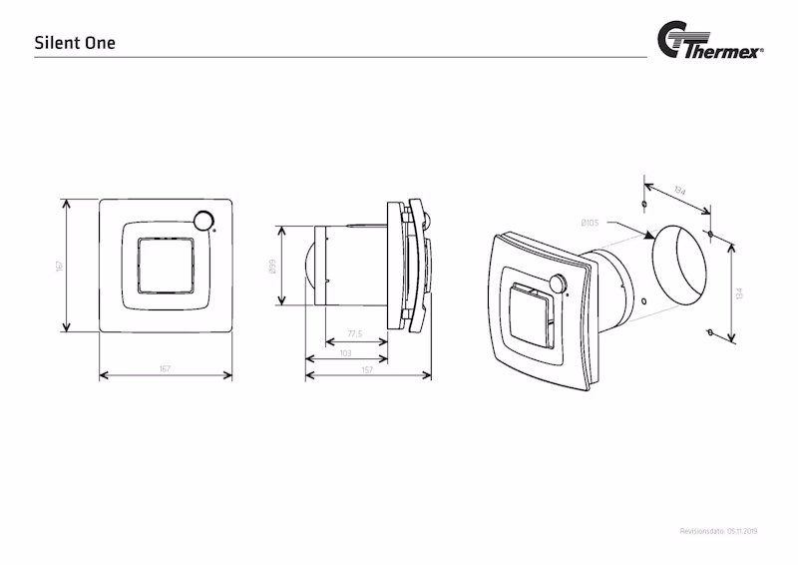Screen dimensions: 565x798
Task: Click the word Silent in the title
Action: (x=53, y=44)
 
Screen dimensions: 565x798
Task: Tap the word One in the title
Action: (x=100, y=44)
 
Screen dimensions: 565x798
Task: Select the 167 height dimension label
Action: (x=59, y=267)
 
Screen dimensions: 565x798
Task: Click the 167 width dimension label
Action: (x=166, y=369)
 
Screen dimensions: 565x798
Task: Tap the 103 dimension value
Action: (x=345, y=351)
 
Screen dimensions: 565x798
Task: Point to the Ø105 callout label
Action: (x=589, y=223)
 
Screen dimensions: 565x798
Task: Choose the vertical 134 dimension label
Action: (x=739, y=291)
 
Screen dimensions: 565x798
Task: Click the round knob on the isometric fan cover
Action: (x=555, y=283)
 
